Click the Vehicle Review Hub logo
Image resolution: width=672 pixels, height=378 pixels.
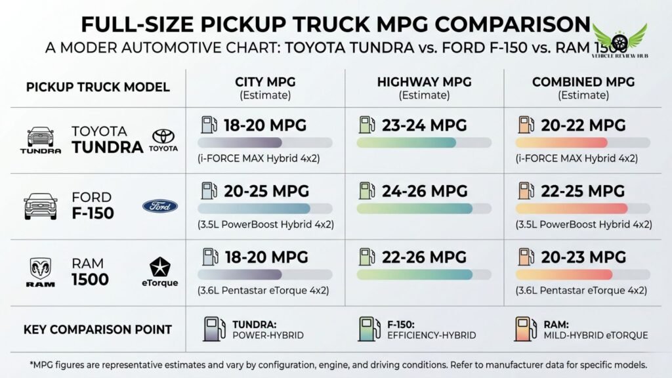(x=619, y=40)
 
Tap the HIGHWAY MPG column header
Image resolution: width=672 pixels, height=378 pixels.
(x=424, y=82)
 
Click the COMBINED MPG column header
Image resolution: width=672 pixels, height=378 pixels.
(x=583, y=82)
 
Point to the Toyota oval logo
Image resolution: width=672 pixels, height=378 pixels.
(x=163, y=136)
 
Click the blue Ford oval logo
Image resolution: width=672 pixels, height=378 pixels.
(x=159, y=206)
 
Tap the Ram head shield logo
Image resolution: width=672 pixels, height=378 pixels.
(x=40, y=268)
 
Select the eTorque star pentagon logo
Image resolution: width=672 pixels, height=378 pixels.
(x=160, y=267)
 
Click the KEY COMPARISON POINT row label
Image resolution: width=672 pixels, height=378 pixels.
(x=97, y=329)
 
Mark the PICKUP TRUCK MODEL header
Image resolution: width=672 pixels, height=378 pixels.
(x=97, y=87)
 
